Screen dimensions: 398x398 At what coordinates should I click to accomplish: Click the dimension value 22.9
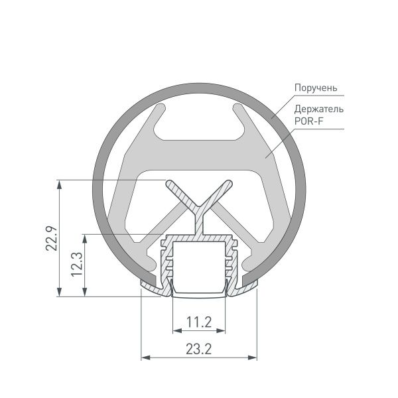click(x=50, y=239)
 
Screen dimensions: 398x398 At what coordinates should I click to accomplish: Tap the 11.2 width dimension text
click(x=199, y=323)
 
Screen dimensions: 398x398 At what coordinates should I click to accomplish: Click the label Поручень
click(x=317, y=88)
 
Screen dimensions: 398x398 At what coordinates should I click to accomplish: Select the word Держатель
click(x=319, y=109)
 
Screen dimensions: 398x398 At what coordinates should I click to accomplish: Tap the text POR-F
click(x=308, y=120)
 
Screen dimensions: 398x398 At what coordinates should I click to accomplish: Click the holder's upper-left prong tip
click(x=159, y=107)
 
